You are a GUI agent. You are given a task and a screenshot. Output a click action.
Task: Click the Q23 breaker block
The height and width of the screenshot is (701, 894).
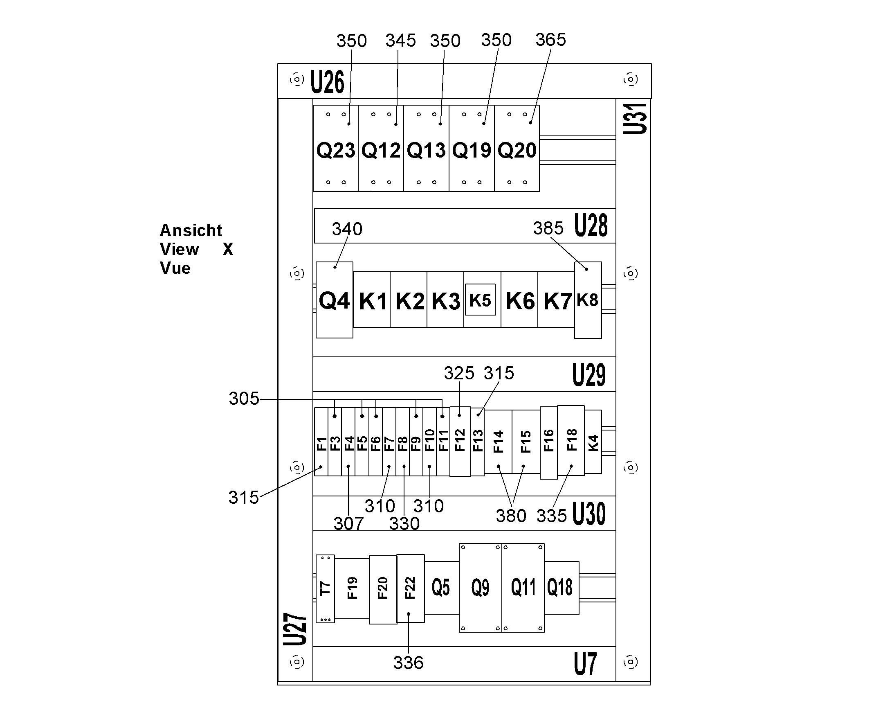(335, 148)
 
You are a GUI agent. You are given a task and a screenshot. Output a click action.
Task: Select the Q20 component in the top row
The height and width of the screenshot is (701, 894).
(517, 148)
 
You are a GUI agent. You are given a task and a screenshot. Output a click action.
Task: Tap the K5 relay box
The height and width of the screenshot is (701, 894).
(480, 300)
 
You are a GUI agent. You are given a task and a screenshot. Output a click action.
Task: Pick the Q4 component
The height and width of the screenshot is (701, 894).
(334, 300)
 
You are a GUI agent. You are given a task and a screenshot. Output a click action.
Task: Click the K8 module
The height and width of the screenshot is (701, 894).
(588, 300)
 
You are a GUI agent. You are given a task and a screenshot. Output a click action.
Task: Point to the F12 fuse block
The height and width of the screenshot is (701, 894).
(460, 441)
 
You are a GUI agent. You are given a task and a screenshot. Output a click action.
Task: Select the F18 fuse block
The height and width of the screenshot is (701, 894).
(571, 440)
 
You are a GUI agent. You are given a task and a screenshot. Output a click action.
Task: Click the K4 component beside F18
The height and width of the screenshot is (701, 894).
(593, 442)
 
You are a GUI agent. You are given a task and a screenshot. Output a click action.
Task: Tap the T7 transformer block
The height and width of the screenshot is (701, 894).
(325, 588)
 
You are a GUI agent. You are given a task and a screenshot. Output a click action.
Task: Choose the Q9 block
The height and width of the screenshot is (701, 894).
(480, 588)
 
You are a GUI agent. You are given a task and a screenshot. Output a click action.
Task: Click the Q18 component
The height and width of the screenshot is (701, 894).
(562, 588)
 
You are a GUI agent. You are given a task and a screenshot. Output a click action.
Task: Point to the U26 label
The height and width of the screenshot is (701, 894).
(327, 82)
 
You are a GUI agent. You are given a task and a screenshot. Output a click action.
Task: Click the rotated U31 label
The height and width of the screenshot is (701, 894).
(635, 119)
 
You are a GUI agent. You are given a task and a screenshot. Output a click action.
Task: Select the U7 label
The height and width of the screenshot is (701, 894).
(585, 664)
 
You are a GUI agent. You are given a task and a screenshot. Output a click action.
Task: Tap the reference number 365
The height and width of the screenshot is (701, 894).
(550, 40)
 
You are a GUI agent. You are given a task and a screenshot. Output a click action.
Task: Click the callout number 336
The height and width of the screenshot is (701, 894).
(408, 663)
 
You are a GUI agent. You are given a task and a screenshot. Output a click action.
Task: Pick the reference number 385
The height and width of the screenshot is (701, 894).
(548, 228)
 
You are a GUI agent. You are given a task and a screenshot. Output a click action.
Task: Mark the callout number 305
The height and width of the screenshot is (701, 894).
(244, 399)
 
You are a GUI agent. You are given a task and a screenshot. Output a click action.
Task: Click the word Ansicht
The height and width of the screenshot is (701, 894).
(191, 230)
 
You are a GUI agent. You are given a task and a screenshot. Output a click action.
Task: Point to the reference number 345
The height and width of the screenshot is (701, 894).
(400, 41)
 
